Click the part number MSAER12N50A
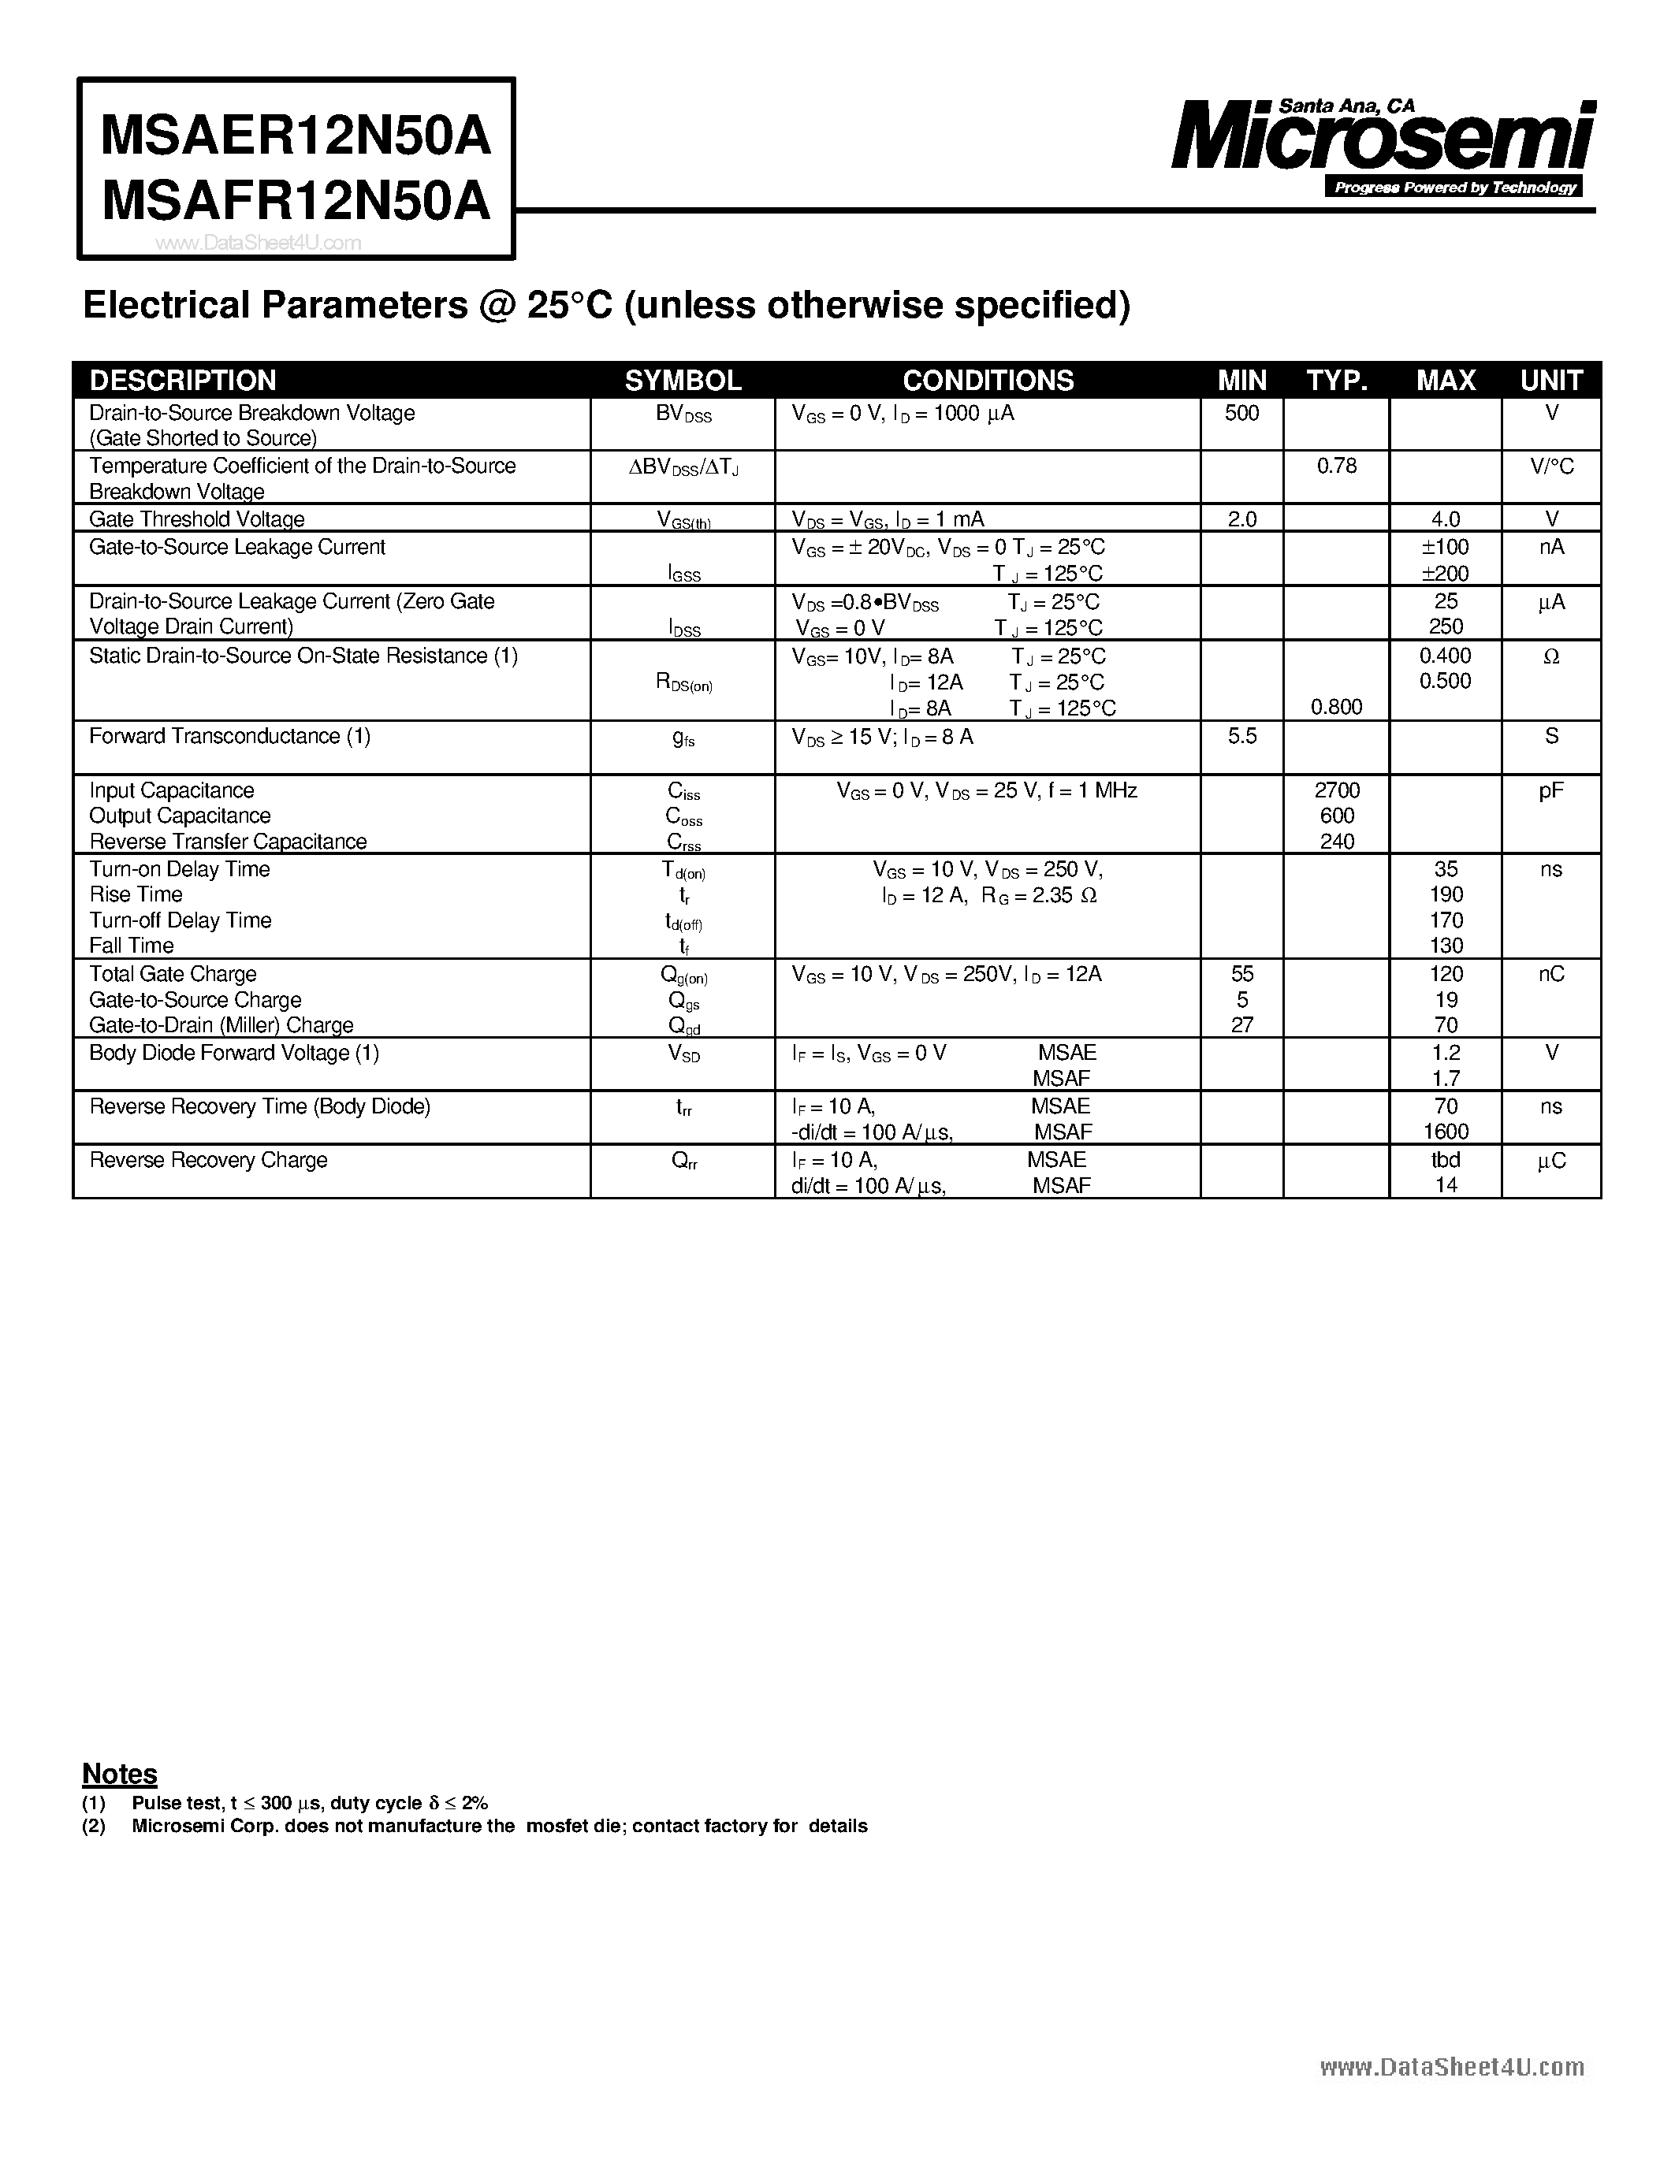click(296, 136)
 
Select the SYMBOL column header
click(683, 380)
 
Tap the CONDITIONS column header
click(988, 380)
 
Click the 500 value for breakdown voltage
click(1241, 413)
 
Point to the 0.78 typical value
click(1337, 466)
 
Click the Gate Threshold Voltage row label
click(196, 519)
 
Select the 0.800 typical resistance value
click(1337, 707)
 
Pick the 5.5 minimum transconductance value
click(1241, 736)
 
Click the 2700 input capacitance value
click(1337, 790)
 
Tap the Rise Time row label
click(136, 894)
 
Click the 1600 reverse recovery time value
click(1446, 1131)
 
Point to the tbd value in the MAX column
click(1446, 1159)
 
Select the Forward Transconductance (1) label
click(229, 736)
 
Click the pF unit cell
click(1551, 790)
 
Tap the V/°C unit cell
click(1551, 466)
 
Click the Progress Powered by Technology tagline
click(1455, 188)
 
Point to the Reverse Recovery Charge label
click(208, 1159)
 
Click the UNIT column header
click(1551, 380)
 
